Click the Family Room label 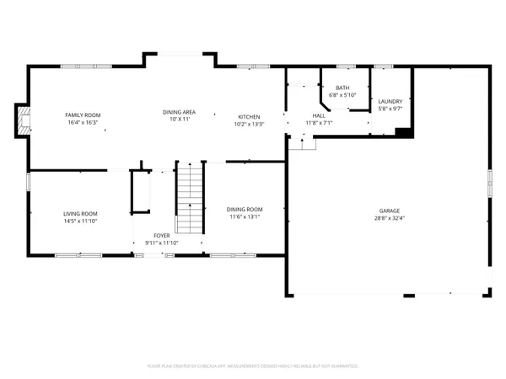tap(83, 114)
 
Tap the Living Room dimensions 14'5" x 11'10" tap(80, 222)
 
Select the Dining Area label tap(179, 112)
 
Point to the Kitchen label tap(249, 116)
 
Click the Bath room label tap(342, 88)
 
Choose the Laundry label tap(390, 101)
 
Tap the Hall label tap(319, 116)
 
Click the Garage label tap(389, 211)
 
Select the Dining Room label tap(245, 209)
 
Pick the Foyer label tap(162, 235)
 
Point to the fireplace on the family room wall tap(23, 120)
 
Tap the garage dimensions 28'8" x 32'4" tap(389, 219)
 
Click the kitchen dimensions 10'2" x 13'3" tap(249, 124)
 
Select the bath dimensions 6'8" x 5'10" tap(342, 95)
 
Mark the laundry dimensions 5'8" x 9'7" tap(390, 109)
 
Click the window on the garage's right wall tap(490, 183)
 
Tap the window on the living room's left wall tap(28, 181)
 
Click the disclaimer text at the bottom tap(253, 366)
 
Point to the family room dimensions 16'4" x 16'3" tap(83, 122)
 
